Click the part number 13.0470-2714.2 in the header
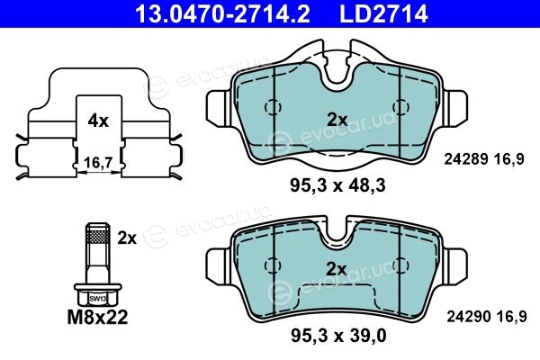point(222,13)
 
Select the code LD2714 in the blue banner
point(383,13)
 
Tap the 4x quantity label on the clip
point(98,121)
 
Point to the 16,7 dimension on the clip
point(98,162)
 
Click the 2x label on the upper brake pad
point(337,120)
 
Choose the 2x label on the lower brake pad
point(336,269)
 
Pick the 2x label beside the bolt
point(127,238)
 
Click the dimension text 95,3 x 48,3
point(337,186)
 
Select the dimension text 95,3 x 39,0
point(338,336)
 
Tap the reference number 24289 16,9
point(484,159)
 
